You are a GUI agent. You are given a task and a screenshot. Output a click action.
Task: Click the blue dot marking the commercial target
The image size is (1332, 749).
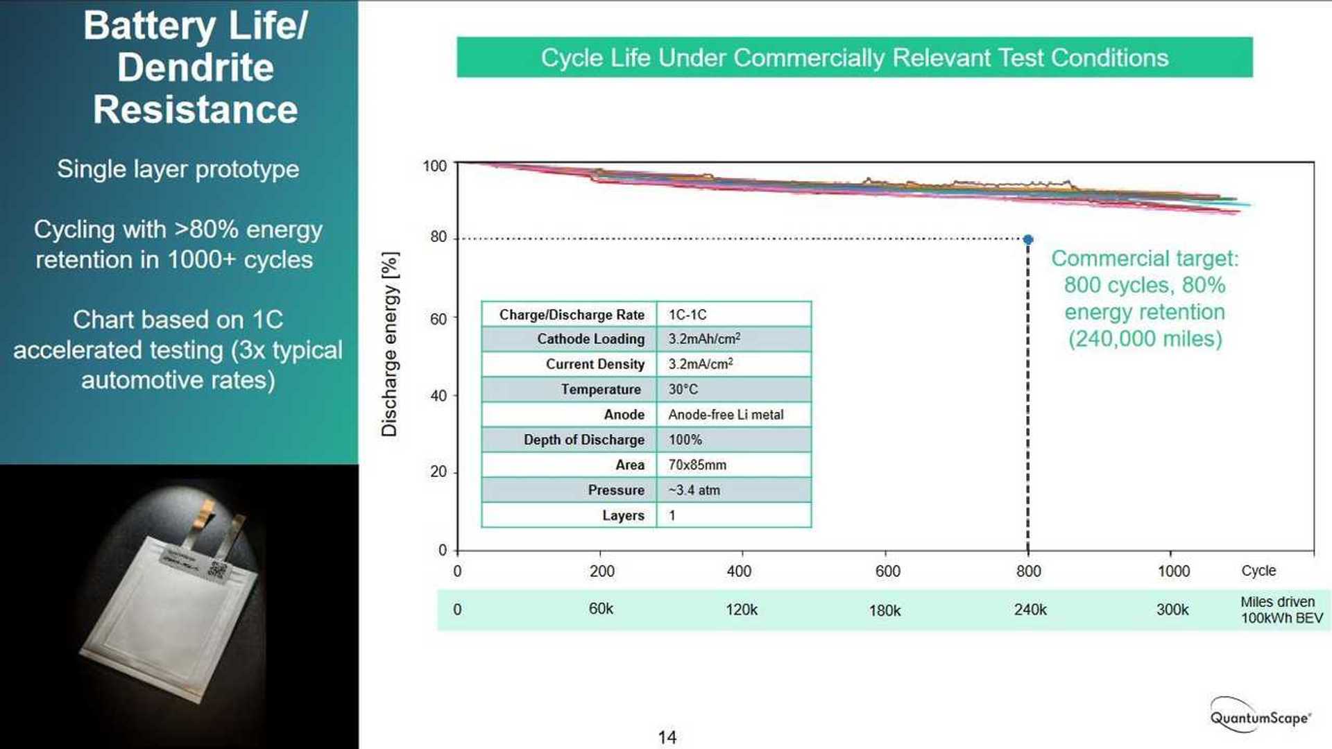click(x=1028, y=239)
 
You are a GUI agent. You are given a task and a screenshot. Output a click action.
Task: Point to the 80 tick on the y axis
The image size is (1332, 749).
click(x=438, y=237)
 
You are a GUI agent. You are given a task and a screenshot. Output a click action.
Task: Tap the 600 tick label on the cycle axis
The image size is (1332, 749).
click(x=887, y=571)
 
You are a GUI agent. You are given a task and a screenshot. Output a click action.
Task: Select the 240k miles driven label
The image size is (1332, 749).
click(x=1030, y=610)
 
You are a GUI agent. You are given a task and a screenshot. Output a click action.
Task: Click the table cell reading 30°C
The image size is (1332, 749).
click(x=683, y=390)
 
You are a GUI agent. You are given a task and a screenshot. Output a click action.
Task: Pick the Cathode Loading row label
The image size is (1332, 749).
click(x=590, y=339)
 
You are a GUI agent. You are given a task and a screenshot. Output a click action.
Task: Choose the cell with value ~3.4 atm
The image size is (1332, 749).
click(x=694, y=490)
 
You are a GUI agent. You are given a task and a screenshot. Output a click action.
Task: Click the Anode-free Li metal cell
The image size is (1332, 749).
click(x=726, y=415)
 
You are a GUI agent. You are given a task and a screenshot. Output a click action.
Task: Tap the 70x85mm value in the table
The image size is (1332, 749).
click(x=697, y=465)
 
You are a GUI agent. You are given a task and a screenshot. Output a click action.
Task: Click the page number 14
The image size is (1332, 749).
click(x=667, y=737)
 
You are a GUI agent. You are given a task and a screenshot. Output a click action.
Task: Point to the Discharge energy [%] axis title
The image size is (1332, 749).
click(x=390, y=345)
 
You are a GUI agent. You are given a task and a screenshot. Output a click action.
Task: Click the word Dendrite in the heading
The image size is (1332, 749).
click(x=196, y=68)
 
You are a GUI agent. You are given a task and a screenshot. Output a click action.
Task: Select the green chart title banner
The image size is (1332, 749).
click(x=854, y=58)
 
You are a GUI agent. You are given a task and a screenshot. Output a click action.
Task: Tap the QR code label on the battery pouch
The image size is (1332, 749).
click(x=218, y=569)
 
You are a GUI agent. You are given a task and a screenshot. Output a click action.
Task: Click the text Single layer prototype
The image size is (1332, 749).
click(x=178, y=169)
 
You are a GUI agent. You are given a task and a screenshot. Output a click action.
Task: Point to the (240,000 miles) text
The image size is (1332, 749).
click(x=1145, y=339)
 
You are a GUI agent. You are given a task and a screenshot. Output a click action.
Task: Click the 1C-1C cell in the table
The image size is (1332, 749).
click(x=688, y=315)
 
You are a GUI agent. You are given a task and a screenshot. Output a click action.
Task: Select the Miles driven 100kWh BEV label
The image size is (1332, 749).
click(x=1281, y=610)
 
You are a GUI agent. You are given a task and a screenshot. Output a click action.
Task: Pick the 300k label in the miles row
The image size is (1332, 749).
click(x=1172, y=610)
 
